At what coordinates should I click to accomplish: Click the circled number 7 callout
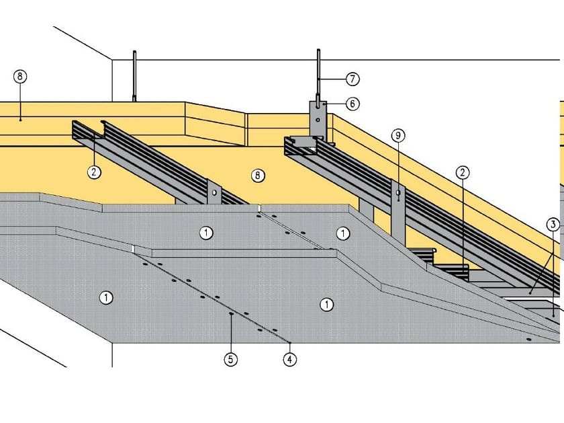click(x=352, y=79)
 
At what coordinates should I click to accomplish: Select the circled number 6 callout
click(x=352, y=104)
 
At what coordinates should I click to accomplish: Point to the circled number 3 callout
click(x=553, y=225)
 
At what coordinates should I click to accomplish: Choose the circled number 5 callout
click(x=230, y=360)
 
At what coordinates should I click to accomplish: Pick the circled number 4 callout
click(x=289, y=360)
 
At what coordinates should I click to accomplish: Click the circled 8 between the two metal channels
click(x=256, y=176)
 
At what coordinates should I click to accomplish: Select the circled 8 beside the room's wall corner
click(x=20, y=77)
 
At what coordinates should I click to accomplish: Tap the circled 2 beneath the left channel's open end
click(x=94, y=172)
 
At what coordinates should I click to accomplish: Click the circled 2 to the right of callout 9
click(x=462, y=172)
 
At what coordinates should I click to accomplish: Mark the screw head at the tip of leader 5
click(x=230, y=313)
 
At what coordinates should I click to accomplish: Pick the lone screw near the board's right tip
click(x=530, y=340)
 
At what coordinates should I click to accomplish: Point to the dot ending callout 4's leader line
click(x=289, y=342)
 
